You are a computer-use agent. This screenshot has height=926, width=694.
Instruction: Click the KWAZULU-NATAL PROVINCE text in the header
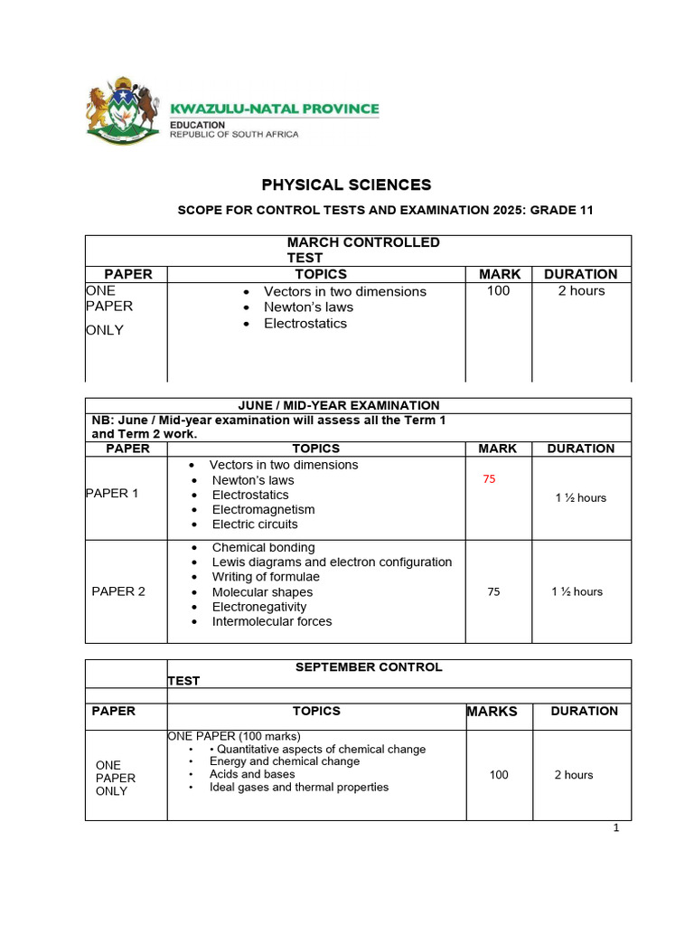275,109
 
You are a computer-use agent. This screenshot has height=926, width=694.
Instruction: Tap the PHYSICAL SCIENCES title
346,185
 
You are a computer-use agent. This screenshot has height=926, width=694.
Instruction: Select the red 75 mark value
489,479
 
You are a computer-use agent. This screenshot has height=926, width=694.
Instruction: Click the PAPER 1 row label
112,494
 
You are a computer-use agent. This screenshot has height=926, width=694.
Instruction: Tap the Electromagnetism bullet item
263,509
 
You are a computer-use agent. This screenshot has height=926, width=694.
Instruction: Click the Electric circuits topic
255,524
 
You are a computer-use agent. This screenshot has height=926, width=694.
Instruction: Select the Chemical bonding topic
263,547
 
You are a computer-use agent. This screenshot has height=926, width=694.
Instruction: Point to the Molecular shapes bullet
262,592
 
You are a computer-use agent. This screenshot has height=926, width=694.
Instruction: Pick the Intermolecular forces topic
272,621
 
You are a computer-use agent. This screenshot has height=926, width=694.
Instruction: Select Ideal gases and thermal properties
299,787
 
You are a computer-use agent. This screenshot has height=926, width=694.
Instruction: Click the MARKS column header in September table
492,712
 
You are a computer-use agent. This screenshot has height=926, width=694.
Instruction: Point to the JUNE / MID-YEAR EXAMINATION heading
338,405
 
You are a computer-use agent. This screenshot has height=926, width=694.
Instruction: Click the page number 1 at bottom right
615,830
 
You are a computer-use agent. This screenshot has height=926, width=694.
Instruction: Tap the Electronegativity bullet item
259,607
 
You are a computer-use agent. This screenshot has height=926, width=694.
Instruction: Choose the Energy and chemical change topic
285,761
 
